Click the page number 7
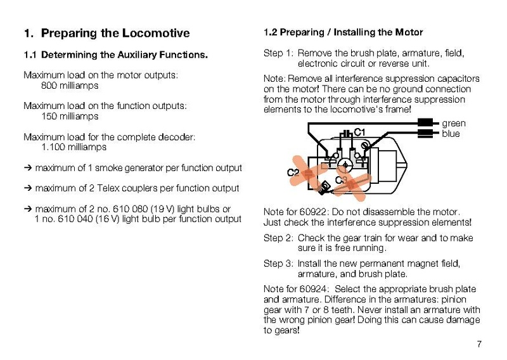coord(479,344)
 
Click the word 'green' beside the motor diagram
coord(454,124)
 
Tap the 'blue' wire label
coord(451,134)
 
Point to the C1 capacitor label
coord(360,132)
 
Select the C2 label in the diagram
coord(293,172)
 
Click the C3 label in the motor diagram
coord(340,180)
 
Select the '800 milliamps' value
coord(70,86)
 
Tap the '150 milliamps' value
coord(70,117)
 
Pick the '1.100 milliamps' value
coord(74,147)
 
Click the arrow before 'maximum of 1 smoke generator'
coord(28,168)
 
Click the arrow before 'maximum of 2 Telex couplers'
coord(28,188)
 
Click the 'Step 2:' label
coord(278,238)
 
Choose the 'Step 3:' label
coord(278,263)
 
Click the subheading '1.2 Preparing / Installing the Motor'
coord(343,32)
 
